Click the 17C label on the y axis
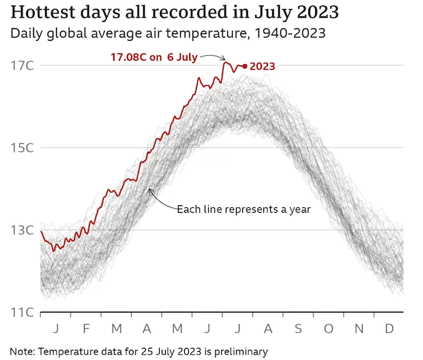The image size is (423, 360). pos(23,65)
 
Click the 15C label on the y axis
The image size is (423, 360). pos(23,148)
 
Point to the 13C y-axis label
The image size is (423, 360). pos(23,230)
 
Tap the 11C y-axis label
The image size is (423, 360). pos(23,312)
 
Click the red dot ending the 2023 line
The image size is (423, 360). pos(245,66)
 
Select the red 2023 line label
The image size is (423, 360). pos(263,66)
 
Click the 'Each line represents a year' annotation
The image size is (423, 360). pos(244,209)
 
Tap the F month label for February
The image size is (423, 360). pos(86,328)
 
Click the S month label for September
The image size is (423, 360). pos(297,328)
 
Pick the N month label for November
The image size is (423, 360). pos(359,328)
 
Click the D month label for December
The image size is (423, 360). pos(388,328)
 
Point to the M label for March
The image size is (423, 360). pos(116,328)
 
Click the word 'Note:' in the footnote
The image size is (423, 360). pos(24,350)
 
